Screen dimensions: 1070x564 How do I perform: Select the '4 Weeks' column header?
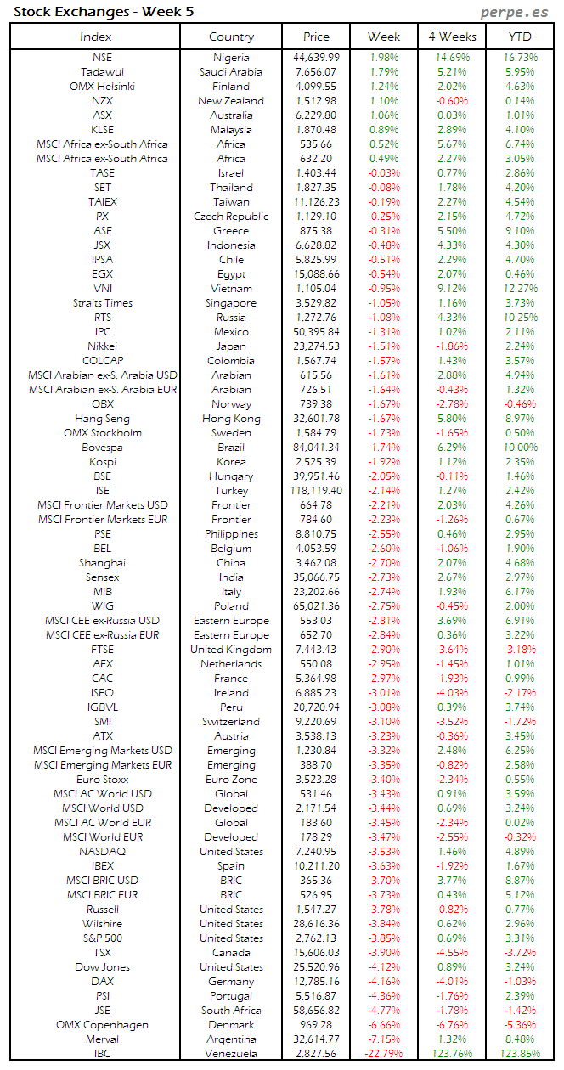click(x=453, y=37)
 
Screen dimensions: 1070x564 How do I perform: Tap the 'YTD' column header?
click(x=520, y=37)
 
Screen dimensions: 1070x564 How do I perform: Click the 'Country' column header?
click(x=231, y=37)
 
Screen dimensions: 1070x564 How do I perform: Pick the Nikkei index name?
click(x=102, y=346)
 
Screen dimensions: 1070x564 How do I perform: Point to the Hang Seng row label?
click(x=102, y=419)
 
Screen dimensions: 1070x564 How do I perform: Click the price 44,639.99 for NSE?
click(x=316, y=58)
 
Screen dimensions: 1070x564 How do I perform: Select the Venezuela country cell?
click(x=231, y=1054)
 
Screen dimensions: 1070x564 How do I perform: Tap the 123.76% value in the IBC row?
click(x=453, y=1054)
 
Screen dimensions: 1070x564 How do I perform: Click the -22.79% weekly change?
click(x=384, y=1054)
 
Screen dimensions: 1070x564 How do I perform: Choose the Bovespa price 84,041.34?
click(x=316, y=448)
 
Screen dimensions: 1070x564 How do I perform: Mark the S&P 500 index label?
click(x=102, y=938)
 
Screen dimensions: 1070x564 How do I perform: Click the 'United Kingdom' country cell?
click(x=231, y=650)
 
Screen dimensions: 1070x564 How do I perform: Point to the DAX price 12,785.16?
click(x=316, y=982)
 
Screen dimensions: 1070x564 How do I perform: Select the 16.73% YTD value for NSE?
click(x=520, y=58)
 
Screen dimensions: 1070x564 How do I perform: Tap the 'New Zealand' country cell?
click(x=231, y=101)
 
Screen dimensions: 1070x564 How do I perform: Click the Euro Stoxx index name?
click(x=102, y=780)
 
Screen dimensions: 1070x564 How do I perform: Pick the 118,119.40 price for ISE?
click(x=316, y=491)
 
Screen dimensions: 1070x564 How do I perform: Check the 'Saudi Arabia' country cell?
click(x=231, y=72)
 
